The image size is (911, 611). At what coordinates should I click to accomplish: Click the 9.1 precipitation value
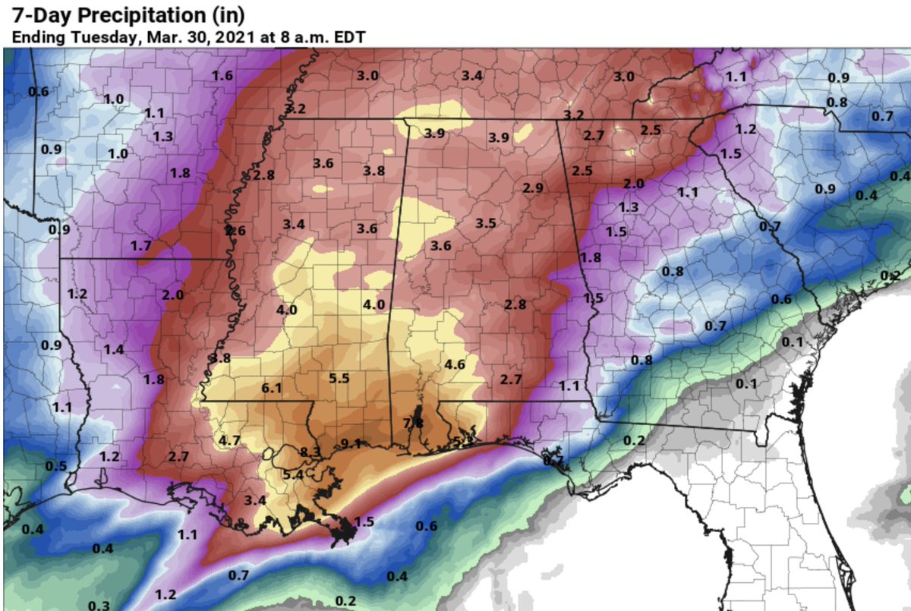tap(350, 444)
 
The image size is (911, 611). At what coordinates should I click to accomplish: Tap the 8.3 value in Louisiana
tap(310, 452)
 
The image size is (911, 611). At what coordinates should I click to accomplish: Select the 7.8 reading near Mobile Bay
tap(413, 422)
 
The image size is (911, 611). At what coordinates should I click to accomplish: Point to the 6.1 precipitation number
tap(271, 388)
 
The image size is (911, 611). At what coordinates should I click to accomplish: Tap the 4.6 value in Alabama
tap(455, 364)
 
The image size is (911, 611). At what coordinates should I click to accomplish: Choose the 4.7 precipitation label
tap(229, 440)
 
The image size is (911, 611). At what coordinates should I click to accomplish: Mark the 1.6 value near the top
tap(222, 75)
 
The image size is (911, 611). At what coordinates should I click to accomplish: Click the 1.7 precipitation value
tap(140, 245)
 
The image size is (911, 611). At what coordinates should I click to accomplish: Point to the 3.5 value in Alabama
tap(485, 223)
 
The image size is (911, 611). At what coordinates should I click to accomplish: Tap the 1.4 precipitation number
tap(114, 349)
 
